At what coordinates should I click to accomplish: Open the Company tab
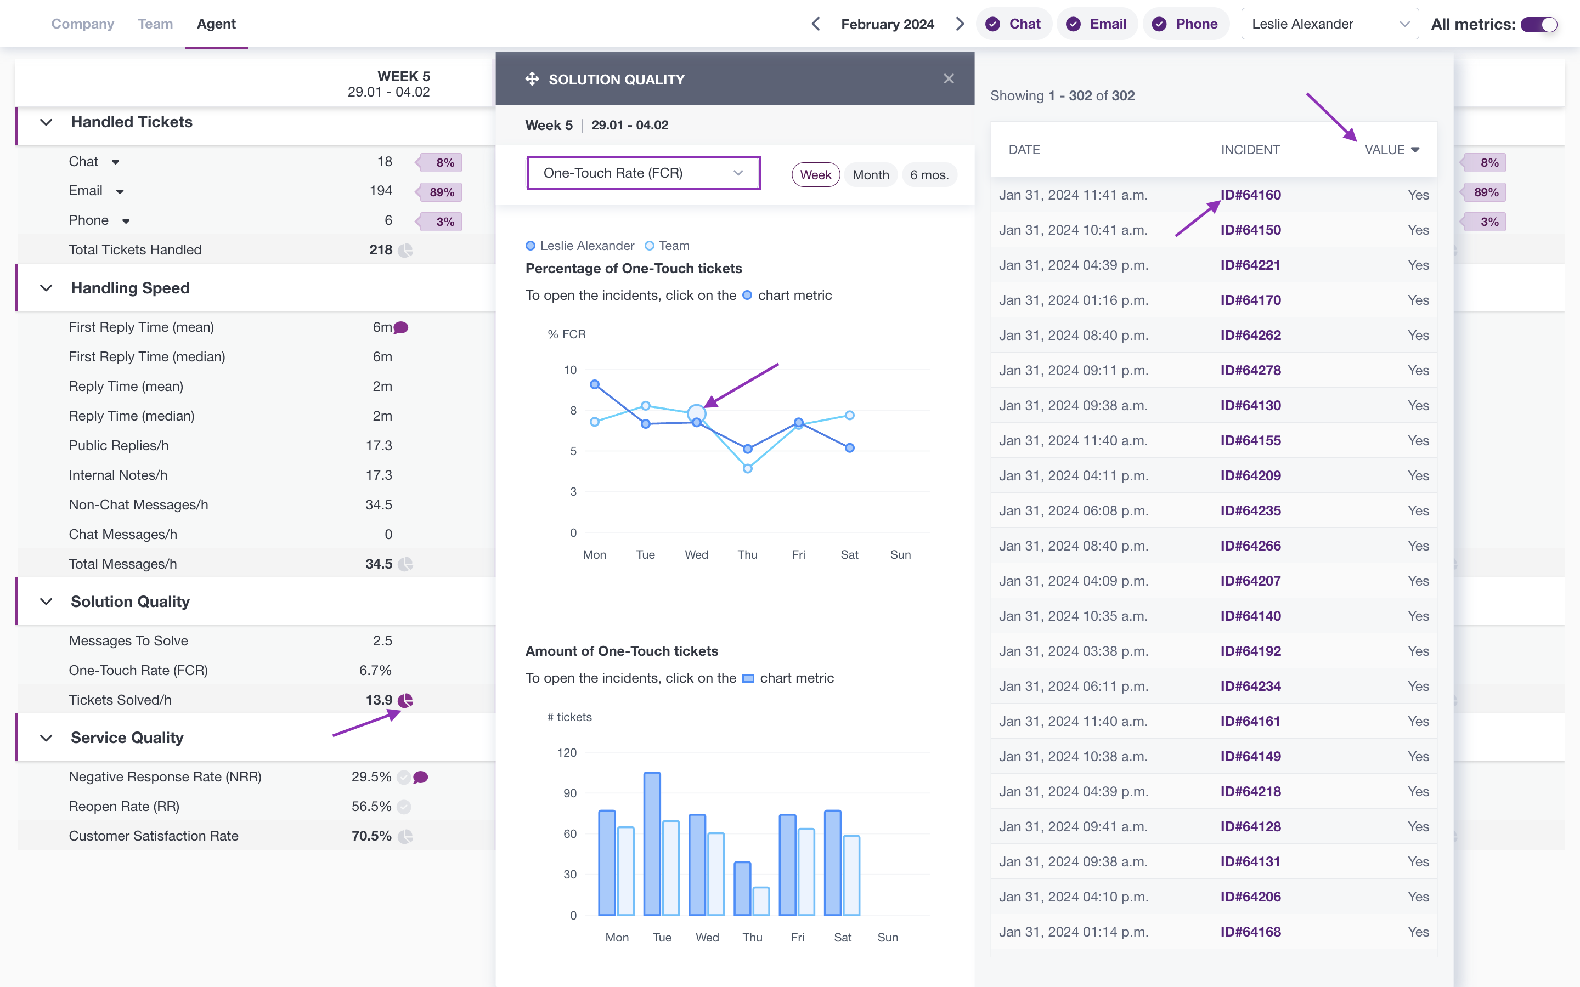pyautogui.click(x=83, y=24)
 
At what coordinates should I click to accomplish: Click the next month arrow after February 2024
pyautogui.click(x=960, y=24)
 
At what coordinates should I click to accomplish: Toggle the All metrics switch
pyautogui.click(x=1539, y=24)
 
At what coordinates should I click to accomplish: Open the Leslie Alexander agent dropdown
pyautogui.click(x=1330, y=24)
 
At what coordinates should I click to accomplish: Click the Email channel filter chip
pyautogui.click(x=1097, y=24)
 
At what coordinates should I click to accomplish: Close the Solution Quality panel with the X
pyautogui.click(x=949, y=79)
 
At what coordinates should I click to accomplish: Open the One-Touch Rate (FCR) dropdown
pyautogui.click(x=644, y=173)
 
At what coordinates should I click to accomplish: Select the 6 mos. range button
pyautogui.click(x=929, y=175)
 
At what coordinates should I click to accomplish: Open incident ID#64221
pyautogui.click(x=1250, y=265)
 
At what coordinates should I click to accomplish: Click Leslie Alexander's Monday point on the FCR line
pyautogui.click(x=595, y=384)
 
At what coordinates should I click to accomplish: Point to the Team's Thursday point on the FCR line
pyautogui.click(x=748, y=469)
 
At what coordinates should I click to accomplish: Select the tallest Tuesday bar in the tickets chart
pyautogui.click(x=652, y=843)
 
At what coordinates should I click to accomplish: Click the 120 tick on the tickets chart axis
pyautogui.click(x=567, y=753)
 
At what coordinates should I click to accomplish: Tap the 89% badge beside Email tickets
pyautogui.click(x=441, y=192)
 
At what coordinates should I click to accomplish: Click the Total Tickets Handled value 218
pyautogui.click(x=381, y=250)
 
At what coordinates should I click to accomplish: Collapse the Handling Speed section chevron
pyautogui.click(x=46, y=288)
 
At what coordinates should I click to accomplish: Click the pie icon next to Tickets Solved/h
pyautogui.click(x=405, y=700)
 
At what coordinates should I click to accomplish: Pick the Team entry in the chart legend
pyautogui.click(x=667, y=246)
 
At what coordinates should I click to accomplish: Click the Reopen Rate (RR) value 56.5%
pyautogui.click(x=371, y=806)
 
